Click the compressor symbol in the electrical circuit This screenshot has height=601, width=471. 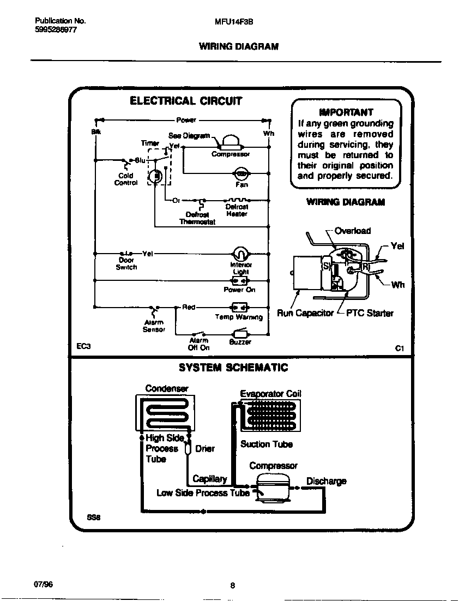tap(231, 143)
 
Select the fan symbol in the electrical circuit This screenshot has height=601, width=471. tap(241, 174)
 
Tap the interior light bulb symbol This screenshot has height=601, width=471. tap(240, 254)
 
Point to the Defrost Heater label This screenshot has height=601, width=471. tap(237, 211)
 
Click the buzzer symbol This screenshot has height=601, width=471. tap(240, 334)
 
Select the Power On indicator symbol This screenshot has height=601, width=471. tap(239, 281)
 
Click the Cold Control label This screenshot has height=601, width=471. tap(125, 179)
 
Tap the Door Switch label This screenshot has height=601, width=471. tap(126, 264)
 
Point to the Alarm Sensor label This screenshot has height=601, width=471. tap(154, 326)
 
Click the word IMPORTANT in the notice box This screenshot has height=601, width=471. tap(346, 112)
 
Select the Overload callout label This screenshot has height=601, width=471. tap(352, 231)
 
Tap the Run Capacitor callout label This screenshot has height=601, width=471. tap(305, 313)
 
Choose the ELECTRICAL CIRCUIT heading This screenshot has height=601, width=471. tap(185, 101)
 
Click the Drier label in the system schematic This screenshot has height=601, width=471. tap(204, 449)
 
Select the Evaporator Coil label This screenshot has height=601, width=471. tap(270, 394)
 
